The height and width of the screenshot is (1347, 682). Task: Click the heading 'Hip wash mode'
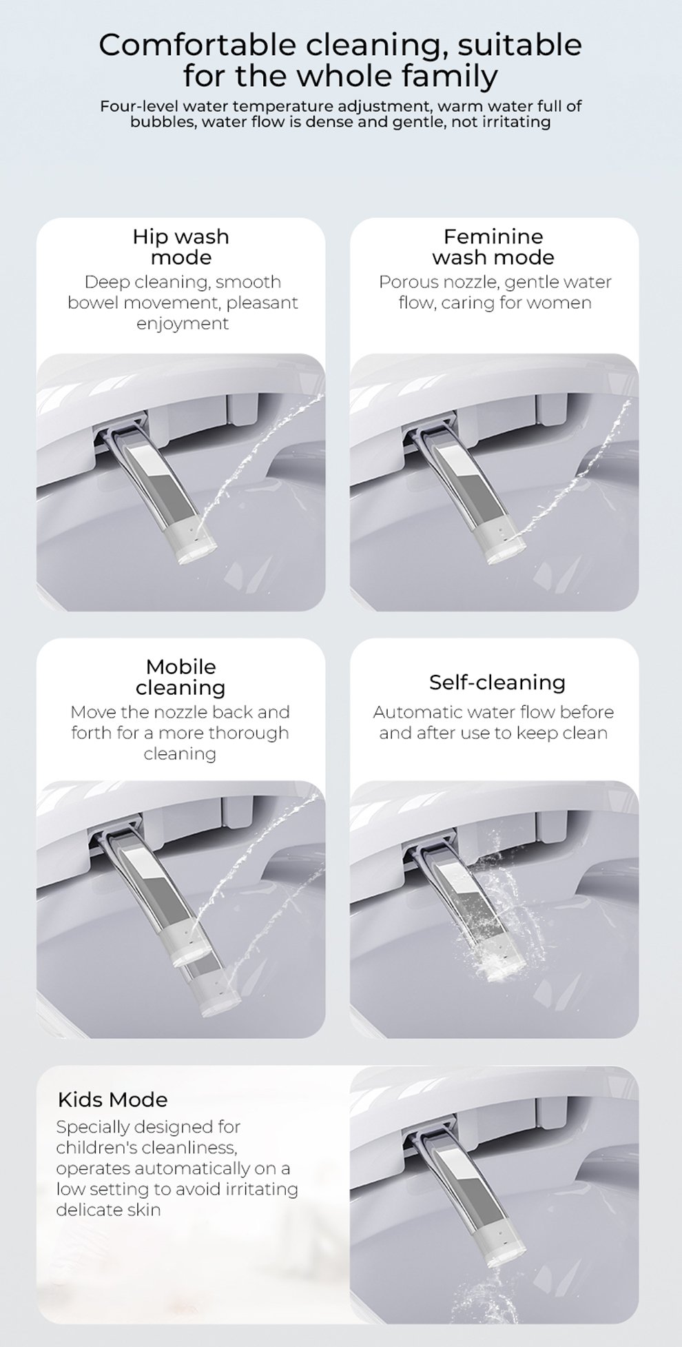[180, 247]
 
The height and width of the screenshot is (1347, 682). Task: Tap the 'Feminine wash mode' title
[493, 247]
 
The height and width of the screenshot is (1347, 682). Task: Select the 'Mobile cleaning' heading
[180, 677]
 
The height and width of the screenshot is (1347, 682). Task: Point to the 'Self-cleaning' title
[497, 682]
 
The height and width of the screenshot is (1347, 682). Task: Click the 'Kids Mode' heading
[112, 1100]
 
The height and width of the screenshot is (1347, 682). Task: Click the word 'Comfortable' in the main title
[198, 45]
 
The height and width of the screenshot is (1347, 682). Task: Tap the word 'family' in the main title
[449, 77]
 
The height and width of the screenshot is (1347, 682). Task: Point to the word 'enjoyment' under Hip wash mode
[183, 324]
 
